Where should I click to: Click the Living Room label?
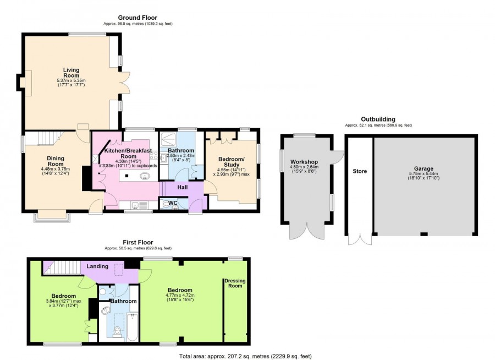point(71,73)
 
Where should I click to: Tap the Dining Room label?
point(56,161)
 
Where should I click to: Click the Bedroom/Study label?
point(231,160)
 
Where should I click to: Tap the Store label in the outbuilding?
point(360,171)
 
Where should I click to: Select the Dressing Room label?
point(235,283)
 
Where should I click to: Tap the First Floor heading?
point(137,242)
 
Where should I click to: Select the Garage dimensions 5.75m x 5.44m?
point(424,176)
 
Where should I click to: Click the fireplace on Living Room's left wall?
point(22,83)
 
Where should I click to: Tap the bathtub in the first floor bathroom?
point(132,326)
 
